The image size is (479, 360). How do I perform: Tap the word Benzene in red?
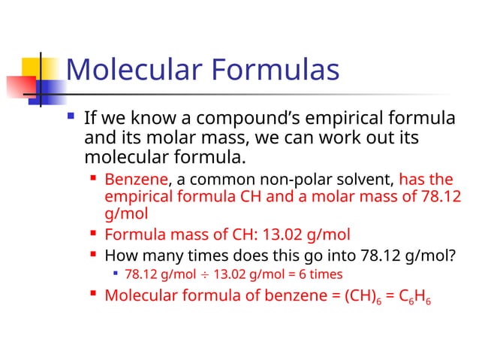(x=137, y=180)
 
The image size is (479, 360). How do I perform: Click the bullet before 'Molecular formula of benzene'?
(x=94, y=293)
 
